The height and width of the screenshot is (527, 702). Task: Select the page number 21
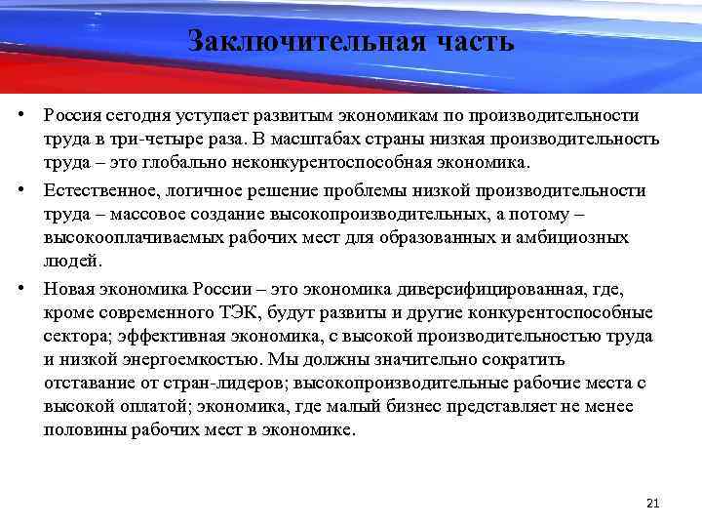pyautogui.click(x=653, y=504)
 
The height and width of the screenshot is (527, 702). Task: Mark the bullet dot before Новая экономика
pyautogui.click(x=19, y=289)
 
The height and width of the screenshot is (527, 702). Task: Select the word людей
pyautogui.click(x=71, y=261)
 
